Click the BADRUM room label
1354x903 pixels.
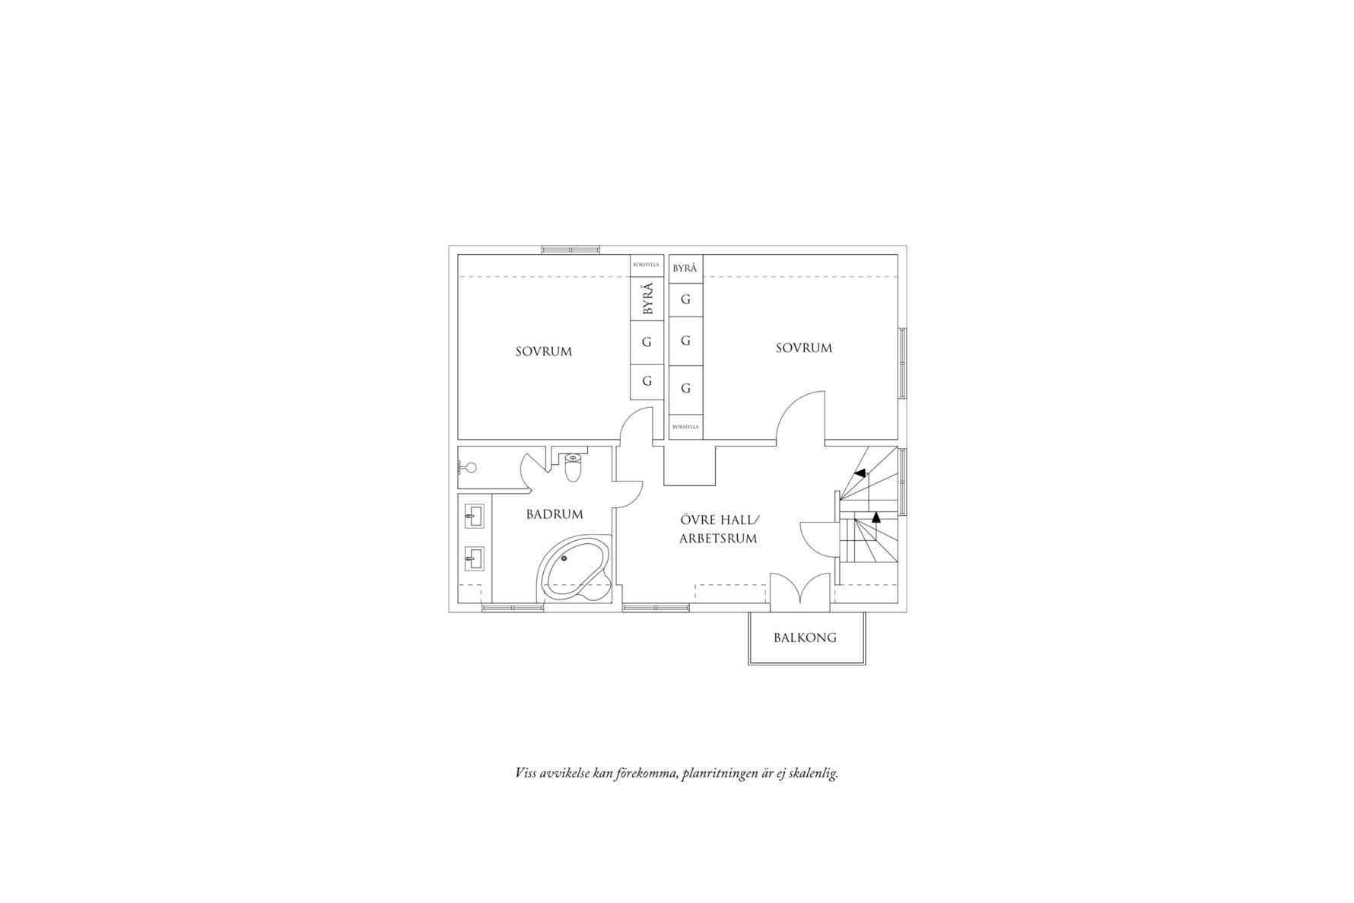(x=555, y=514)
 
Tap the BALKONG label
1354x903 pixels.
(x=805, y=638)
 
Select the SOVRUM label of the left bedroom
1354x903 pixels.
(x=543, y=351)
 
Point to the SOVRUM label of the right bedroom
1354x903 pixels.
(x=804, y=348)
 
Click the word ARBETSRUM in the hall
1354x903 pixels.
(x=718, y=539)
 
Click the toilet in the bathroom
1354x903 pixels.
(x=573, y=468)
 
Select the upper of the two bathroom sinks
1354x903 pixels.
(x=475, y=517)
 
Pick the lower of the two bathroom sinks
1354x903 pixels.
(x=475, y=559)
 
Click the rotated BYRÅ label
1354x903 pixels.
(x=647, y=299)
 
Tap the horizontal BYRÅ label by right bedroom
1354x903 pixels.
(x=685, y=269)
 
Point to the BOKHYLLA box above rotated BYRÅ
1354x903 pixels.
(x=647, y=265)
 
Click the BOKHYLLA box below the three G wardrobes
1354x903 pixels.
(x=685, y=427)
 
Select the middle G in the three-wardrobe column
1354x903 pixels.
(x=685, y=341)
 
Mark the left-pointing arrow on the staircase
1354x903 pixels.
(x=860, y=473)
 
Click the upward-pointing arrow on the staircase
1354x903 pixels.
(x=876, y=517)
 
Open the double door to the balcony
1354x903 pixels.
(x=799, y=591)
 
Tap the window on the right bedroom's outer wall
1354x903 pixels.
(x=902, y=363)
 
